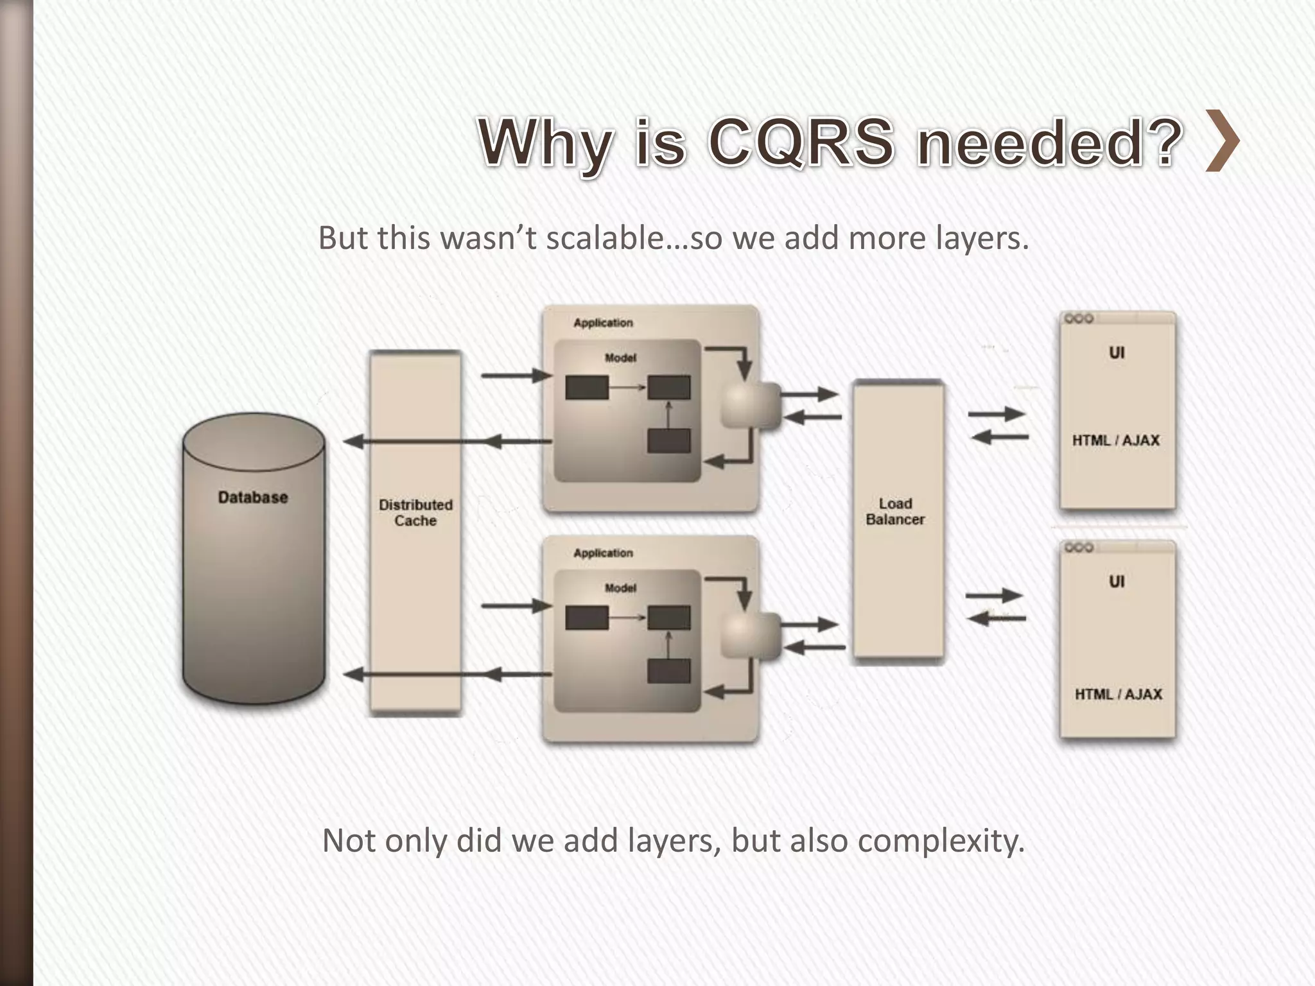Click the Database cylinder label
[x=253, y=497]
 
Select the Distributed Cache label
[x=415, y=513]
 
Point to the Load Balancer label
[x=895, y=512]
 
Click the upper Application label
[x=603, y=323]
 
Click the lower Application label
[x=603, y=553]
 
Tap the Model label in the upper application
[x=620, y=358]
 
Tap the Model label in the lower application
[x=620, y=588]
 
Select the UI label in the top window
[x=1117, y=352]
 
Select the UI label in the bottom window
[x=1117, y=582]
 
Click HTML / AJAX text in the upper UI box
[x=1116, y=440]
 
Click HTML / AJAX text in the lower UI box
[x=1119, y=694]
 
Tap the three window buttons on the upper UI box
[x=1079, y=319]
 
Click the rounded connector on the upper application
[x=750, y=405]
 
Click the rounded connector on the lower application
[x=750, y=635]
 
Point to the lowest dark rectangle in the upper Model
[x=669, y=440]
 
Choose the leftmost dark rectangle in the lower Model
[x=587, y=618]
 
